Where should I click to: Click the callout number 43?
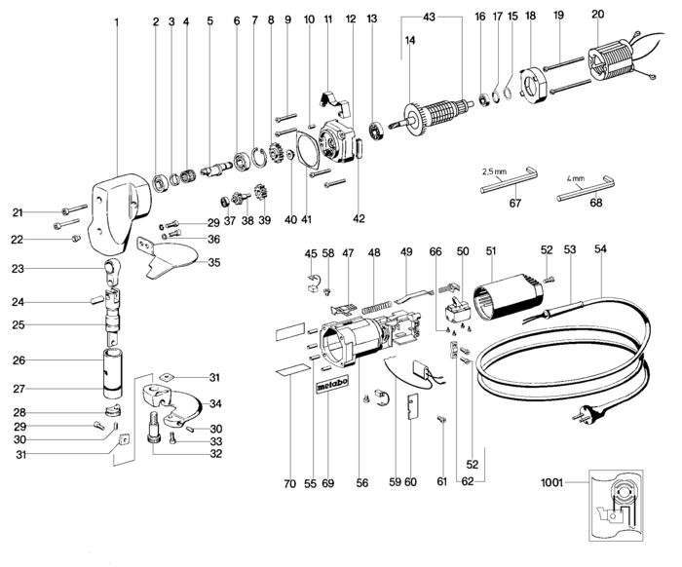click(431, 19)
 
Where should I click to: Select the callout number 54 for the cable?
click(600, 250)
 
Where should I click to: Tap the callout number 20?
click(597, 14)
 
